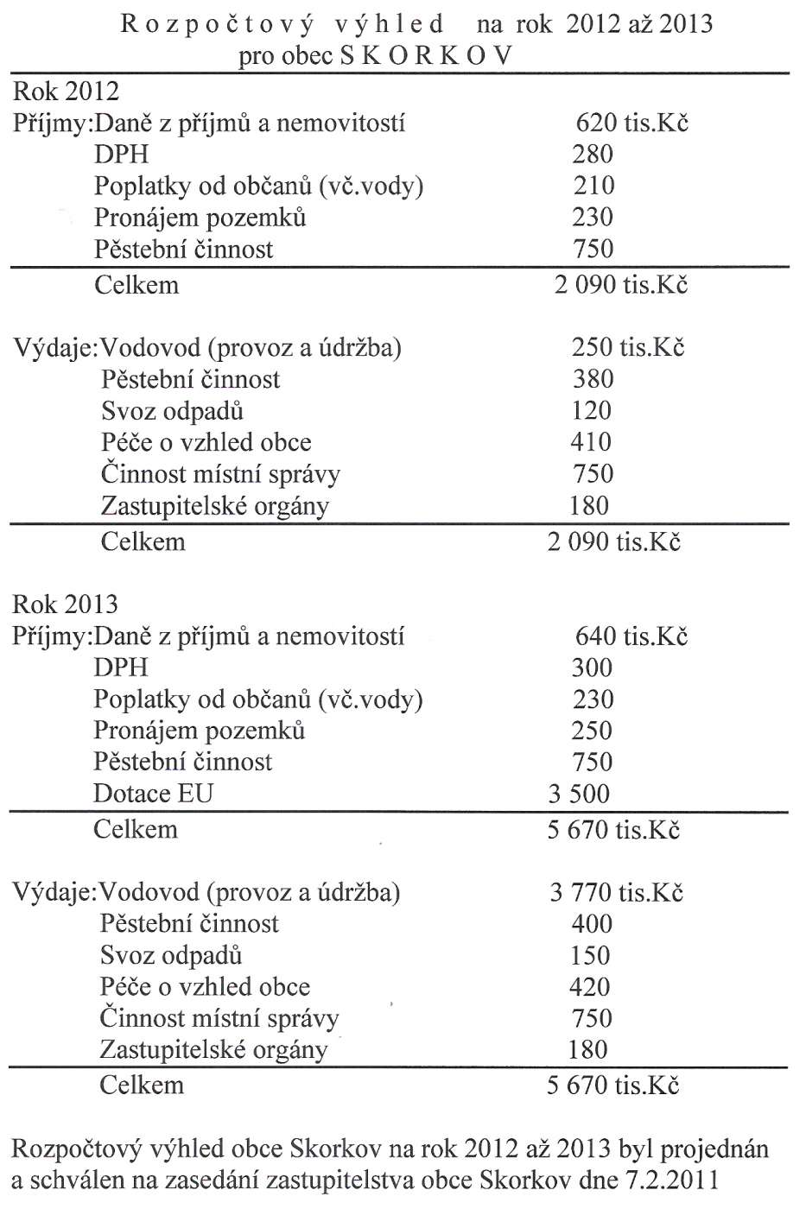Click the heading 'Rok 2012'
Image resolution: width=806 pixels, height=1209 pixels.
point(66,92)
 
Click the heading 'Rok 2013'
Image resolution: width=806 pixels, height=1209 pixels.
point(66,604)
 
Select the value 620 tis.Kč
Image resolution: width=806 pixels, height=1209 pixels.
point(631,123)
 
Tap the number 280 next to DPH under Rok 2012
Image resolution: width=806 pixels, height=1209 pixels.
point(593,155)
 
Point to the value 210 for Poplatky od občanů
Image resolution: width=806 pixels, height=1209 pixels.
point(593,186)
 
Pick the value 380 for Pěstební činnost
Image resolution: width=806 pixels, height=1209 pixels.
point(593,379)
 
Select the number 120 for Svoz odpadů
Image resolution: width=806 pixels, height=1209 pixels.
point(592,411)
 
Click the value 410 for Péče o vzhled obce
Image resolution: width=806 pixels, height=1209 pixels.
point(592,442)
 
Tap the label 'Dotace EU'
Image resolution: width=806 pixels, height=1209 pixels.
point(153,794)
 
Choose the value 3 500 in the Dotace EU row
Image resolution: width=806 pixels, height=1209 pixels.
point(579,794)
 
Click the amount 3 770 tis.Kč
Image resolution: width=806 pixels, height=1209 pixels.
point(616,892)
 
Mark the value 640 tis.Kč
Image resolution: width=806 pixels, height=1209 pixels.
point(631,636)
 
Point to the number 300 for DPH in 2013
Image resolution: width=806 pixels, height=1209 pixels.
point(592,668)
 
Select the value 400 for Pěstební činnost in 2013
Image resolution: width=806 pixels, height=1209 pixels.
point(592,924)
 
